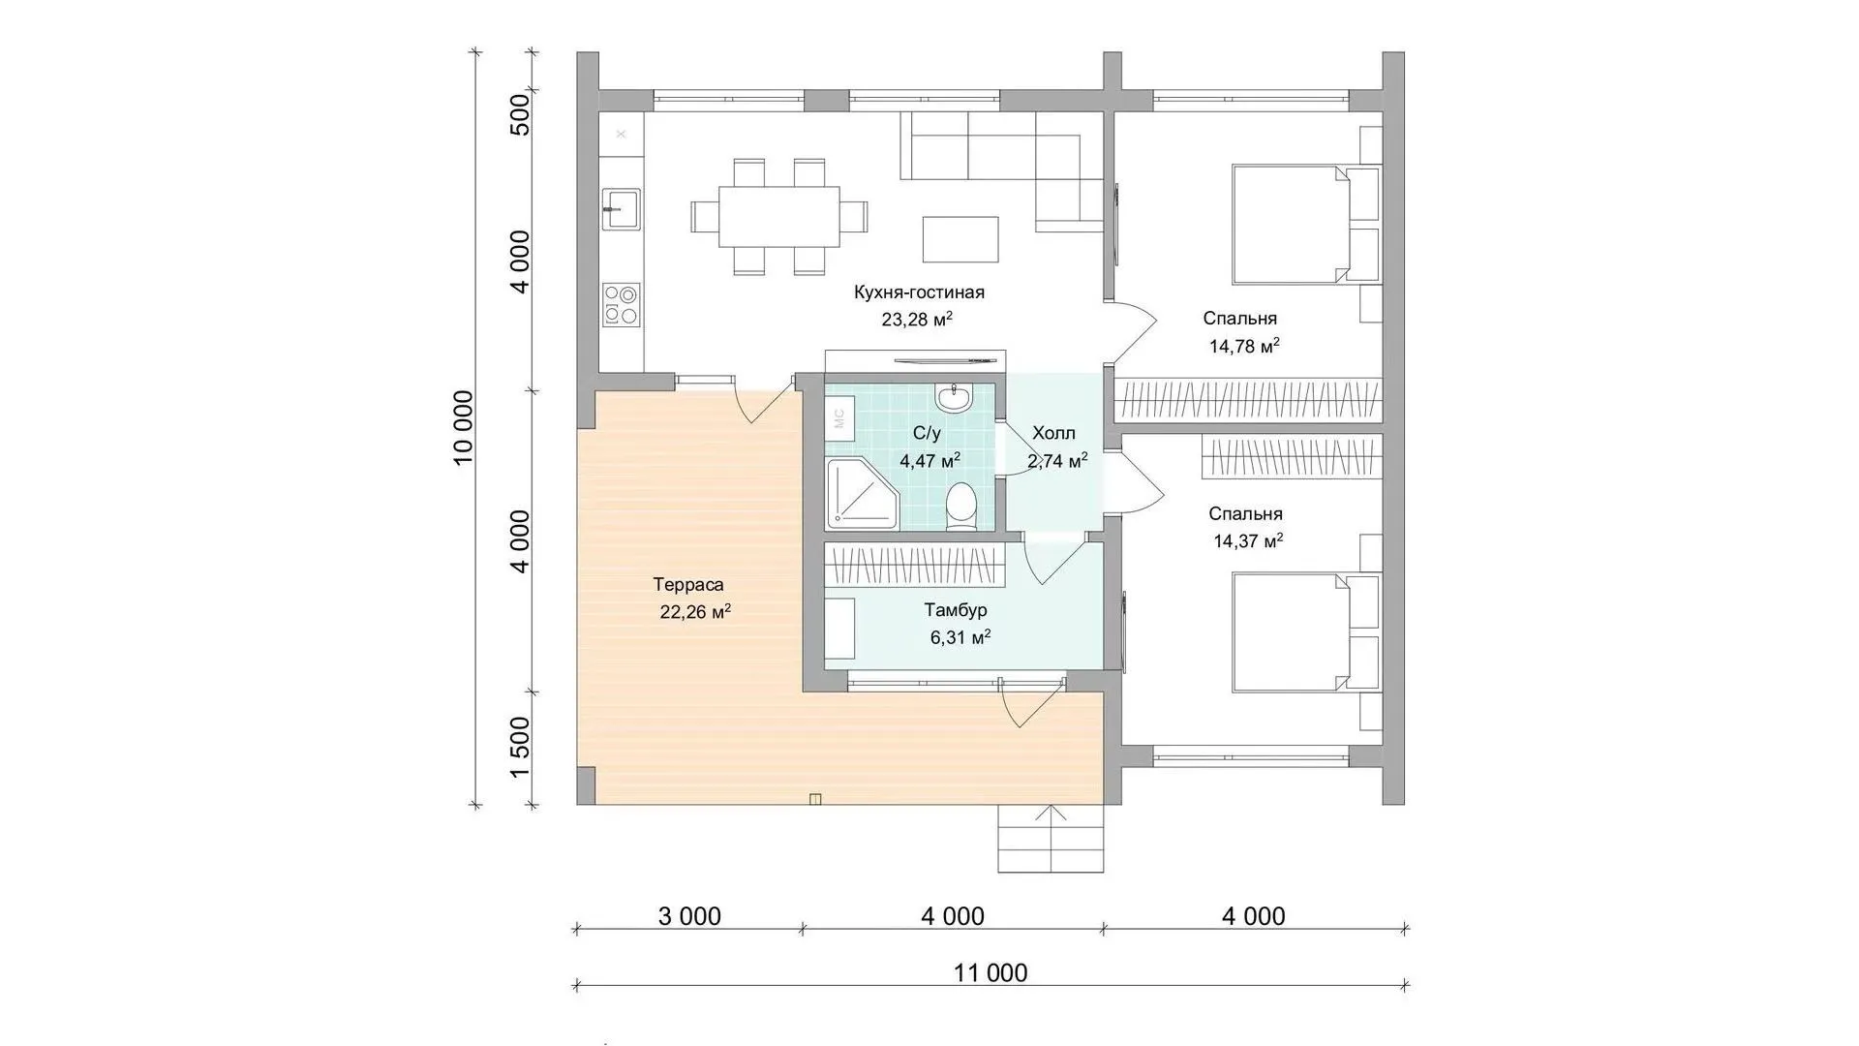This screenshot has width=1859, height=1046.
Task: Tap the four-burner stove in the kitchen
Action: click(621, 304)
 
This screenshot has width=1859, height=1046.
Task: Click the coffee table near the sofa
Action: click(960, 239)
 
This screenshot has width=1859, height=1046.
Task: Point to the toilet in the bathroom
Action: click(960, 508)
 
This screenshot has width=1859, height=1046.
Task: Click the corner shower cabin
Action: click(862, 495)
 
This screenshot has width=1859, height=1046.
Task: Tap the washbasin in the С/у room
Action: click(955, 397)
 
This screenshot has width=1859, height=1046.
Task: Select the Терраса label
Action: click(688, 585)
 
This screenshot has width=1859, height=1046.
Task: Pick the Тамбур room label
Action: click(956, 610)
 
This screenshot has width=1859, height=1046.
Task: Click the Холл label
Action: click(1053, 433)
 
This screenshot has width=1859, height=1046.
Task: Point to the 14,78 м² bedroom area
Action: click(1244, 346)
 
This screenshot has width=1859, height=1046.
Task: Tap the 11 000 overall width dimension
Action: click(990, 972)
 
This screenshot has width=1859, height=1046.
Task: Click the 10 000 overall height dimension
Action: click(465, 428)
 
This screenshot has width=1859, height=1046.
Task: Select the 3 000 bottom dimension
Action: click(689, 915)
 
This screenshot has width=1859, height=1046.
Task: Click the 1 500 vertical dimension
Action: click(520, 748)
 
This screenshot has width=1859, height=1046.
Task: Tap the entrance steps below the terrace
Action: click(1051, 839)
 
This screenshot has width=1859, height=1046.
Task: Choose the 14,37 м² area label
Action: click(1248, 541)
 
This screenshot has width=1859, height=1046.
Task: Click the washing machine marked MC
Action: click(838, 418)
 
